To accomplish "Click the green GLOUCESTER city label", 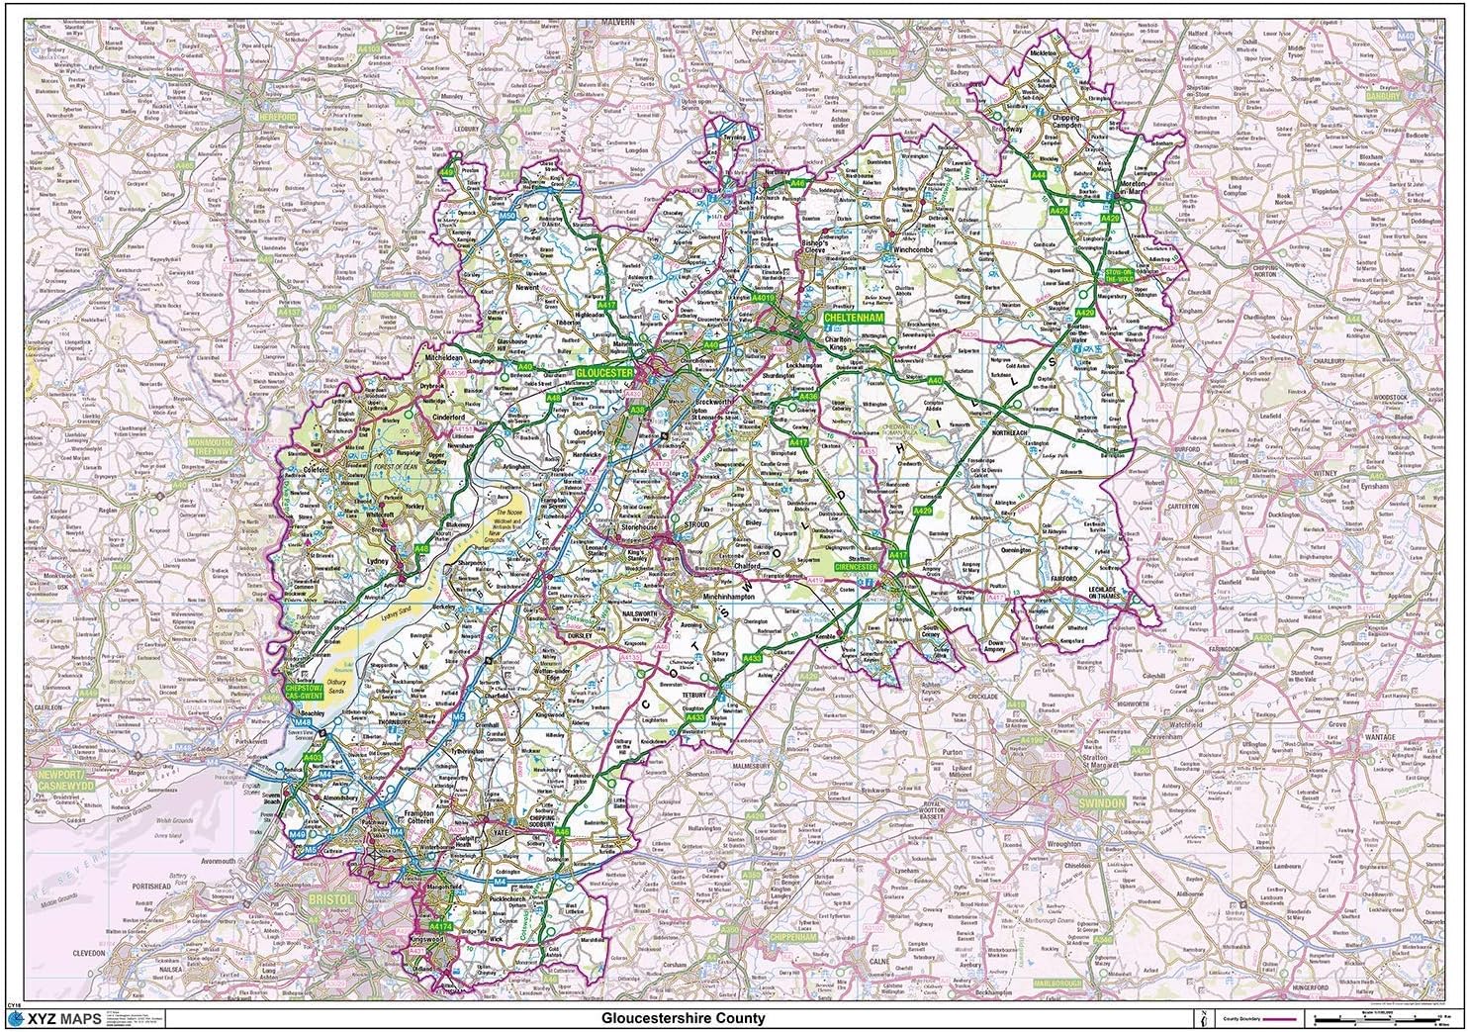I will [604, 371].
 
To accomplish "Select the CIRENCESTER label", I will [857, 567].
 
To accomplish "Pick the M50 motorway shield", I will [507, 215].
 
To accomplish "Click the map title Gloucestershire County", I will [684, 1018].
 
